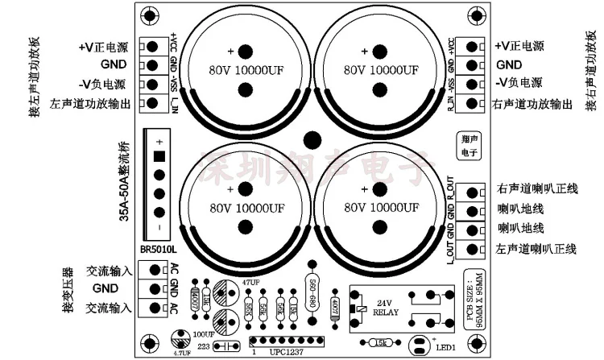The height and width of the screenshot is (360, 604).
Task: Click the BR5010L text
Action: click(158, 249)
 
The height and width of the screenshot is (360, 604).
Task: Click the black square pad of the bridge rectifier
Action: click(159, 156)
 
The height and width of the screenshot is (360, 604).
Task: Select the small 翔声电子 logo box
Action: click(465, 143)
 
